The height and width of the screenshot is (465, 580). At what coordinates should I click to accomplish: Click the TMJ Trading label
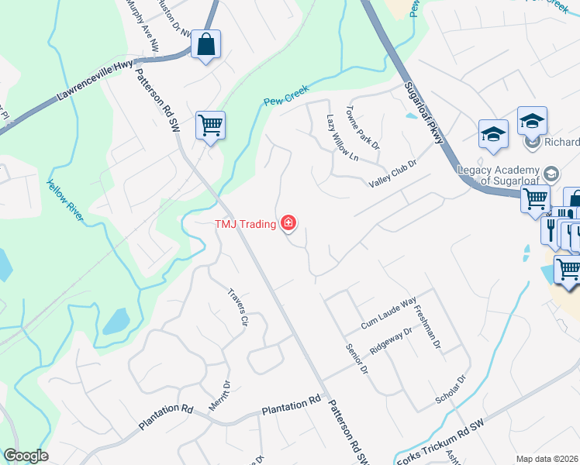[245, 225]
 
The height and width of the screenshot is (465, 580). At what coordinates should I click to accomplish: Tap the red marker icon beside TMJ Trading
[288, 225]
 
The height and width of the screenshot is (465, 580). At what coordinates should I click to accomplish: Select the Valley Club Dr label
[392, 174]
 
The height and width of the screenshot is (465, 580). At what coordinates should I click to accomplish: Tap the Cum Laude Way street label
[388, 315]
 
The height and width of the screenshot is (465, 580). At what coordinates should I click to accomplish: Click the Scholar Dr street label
[451, 391]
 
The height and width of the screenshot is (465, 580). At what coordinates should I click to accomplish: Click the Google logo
[25, 455]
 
